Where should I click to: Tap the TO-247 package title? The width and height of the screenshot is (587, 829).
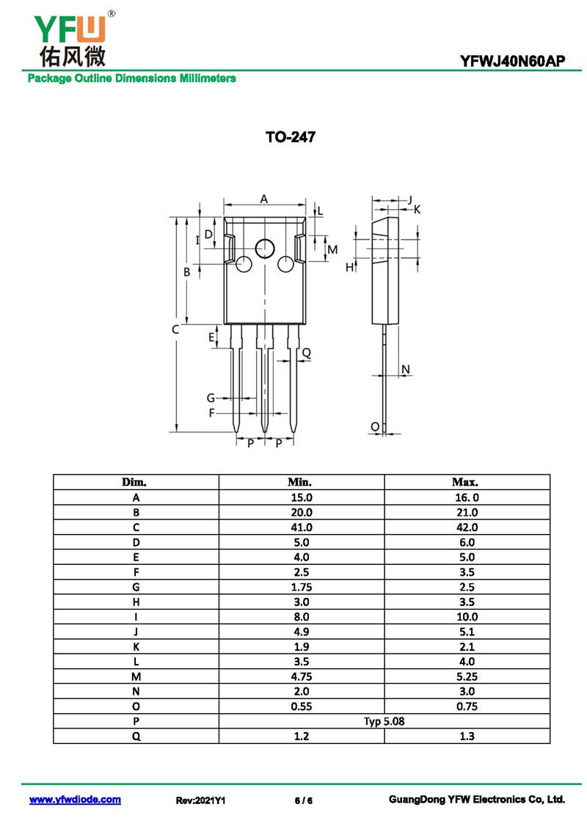pos(291,137)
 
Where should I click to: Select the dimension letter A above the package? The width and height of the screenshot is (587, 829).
pos(264,199)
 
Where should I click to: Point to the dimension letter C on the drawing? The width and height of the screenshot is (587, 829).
pos(175,330)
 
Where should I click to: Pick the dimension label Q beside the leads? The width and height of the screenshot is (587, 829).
pos(307,353)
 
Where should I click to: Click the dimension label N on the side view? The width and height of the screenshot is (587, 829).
pos(406,369)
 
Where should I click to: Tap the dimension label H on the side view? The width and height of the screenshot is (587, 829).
pos(349,267)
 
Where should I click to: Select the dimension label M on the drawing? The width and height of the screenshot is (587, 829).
pos(332,249)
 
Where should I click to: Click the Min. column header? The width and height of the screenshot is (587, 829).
pos(301,483)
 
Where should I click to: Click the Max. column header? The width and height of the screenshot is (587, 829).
pos(466,483)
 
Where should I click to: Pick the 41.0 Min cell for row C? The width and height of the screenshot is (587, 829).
pos(301,527)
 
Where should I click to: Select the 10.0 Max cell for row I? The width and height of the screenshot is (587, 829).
pos(466,617)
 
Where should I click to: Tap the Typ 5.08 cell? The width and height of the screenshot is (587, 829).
pos(384,721)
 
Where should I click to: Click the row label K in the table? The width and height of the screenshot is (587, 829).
pos(136,647)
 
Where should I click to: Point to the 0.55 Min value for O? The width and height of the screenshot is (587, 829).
pos(301,706)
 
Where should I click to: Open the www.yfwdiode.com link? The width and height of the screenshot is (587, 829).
pos(75,800)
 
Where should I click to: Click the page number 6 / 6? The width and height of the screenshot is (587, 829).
pos(304,800)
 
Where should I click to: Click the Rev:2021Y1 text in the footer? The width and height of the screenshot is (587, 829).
pos(200,800)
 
